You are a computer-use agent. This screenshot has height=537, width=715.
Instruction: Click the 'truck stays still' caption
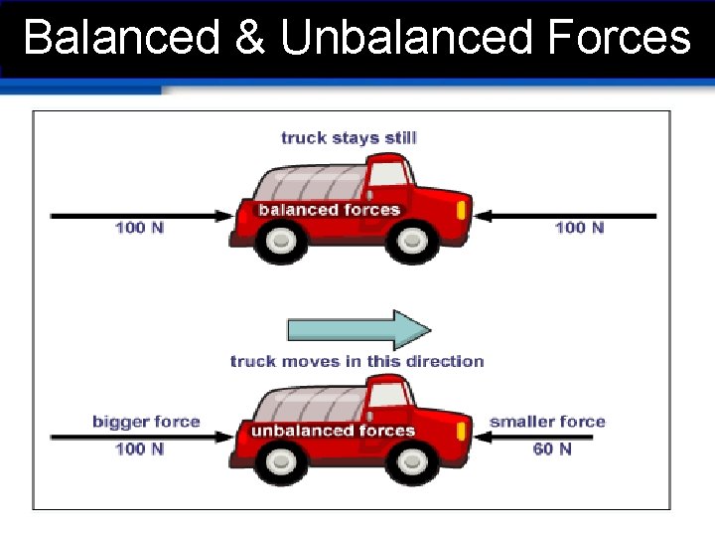[349, 137]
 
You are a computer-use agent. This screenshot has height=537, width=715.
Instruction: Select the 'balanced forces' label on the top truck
[329, 210]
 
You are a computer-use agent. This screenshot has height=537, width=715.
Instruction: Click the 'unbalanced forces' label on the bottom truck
[333, 431]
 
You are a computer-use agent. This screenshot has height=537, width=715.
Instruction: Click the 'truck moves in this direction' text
[357, 361]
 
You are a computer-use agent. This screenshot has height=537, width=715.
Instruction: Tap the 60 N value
[552, 448]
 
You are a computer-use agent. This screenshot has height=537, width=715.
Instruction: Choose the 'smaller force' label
[547, 422]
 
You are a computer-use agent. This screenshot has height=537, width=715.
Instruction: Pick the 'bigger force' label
[146, 422]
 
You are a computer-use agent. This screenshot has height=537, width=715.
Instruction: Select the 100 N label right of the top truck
[579, 228]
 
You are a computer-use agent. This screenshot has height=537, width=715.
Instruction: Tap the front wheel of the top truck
[408, 242]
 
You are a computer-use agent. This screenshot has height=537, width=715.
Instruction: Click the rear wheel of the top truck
[283, 242]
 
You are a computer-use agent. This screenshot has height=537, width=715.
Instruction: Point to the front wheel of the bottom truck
[408, 460]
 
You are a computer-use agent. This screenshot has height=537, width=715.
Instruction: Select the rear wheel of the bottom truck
[283, 460]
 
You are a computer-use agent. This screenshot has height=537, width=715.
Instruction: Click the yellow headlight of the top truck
[460, 211]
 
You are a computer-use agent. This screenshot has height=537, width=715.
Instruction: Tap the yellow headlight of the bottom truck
[460, 432]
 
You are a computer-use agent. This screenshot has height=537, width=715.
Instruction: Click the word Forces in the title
[618, 38]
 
